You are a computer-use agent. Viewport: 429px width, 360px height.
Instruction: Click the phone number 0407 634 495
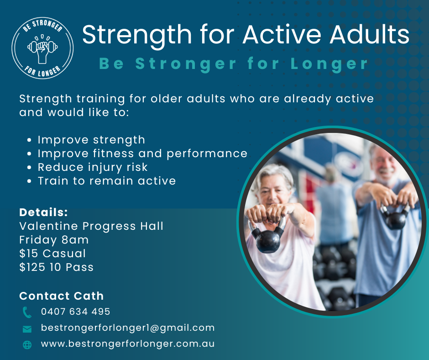75,312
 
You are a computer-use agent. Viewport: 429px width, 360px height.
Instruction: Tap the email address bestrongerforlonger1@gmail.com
128,328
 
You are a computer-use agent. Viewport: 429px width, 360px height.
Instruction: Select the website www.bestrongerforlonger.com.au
128,344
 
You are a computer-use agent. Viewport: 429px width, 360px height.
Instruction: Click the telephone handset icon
27,312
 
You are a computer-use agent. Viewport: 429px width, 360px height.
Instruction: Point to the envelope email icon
27,329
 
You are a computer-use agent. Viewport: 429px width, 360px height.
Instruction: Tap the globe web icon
27,344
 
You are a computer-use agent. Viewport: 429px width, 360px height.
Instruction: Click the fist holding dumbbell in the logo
42,49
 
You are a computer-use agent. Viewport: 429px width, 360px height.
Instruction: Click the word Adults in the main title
369,35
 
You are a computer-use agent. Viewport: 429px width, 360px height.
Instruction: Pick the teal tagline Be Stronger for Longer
233,64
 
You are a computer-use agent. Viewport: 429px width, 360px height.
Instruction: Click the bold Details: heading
43,212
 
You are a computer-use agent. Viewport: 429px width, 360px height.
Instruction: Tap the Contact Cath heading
62,296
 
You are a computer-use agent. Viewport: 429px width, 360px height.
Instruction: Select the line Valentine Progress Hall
91,226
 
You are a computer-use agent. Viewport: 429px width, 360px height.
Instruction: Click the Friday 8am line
54,240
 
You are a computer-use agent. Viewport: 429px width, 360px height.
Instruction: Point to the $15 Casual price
52,254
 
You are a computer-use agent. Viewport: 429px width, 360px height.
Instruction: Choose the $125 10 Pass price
56,267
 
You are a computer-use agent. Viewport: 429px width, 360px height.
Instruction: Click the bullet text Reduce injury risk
93,167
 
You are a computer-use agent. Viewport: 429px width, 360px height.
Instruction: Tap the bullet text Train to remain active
107,181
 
